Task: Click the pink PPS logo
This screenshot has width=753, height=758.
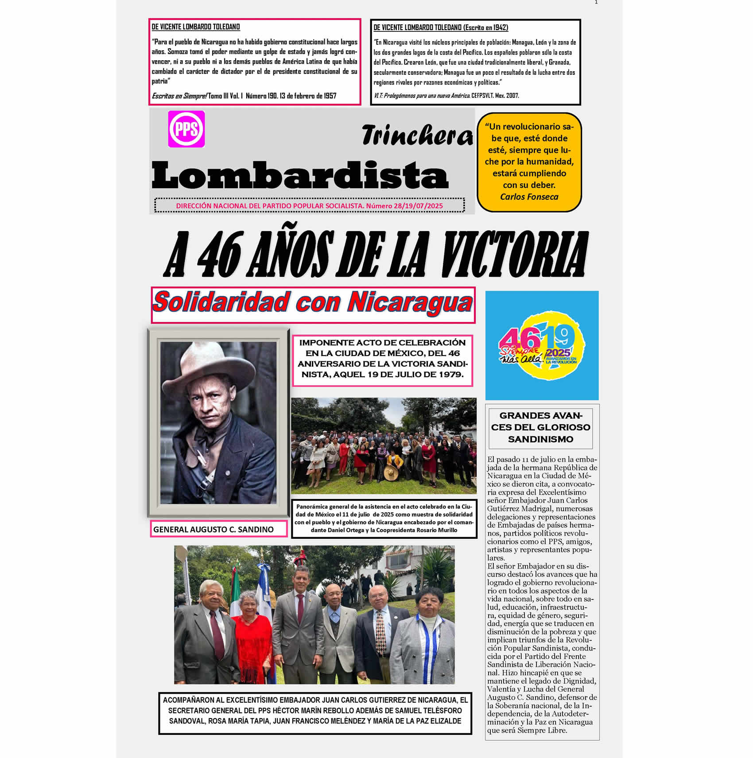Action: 186,129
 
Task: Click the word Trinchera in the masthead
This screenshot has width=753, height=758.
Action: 417,135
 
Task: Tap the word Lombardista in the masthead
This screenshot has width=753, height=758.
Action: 300,176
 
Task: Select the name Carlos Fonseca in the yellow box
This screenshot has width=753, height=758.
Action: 529,197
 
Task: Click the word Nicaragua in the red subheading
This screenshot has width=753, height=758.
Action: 410,303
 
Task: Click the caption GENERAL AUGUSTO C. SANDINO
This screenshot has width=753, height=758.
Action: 213,529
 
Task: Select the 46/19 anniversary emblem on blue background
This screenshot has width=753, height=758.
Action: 542,345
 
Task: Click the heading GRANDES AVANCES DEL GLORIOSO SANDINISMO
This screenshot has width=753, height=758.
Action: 540,427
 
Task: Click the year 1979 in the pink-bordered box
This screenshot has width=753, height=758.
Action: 451,375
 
